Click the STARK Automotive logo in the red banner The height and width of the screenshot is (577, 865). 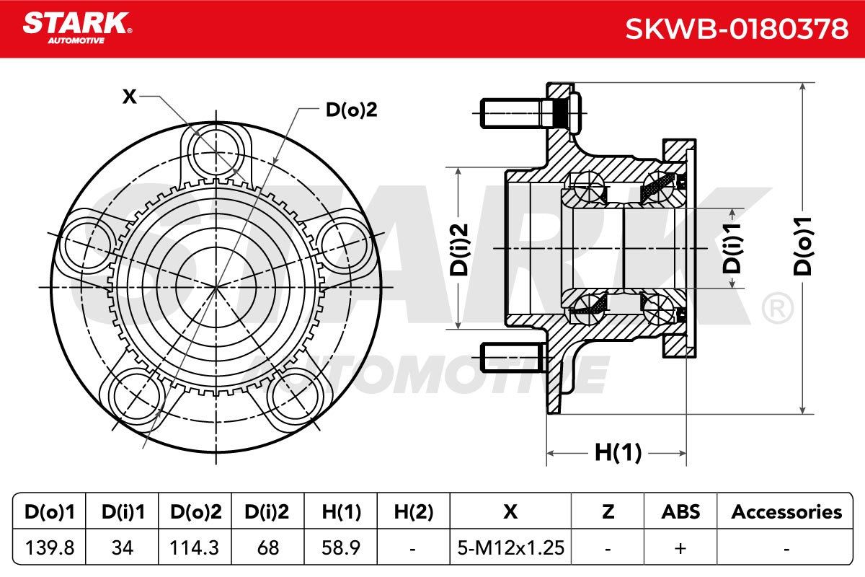(x=77, y=28)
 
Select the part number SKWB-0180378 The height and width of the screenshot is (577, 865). (x=737, y=29)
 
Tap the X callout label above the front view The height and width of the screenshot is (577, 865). (x=129, y=96)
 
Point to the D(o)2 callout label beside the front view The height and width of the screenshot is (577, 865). (x=351, y=110)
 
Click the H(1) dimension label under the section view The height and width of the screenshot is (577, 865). (x=618, y=452)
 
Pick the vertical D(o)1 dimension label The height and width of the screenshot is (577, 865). (x=802, y=246)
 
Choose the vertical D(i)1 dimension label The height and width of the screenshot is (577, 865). (x=732, y=247)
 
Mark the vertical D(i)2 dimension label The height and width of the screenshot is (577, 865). (x=458, y=250)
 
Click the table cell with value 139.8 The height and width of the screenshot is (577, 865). (x=50, y=547)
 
